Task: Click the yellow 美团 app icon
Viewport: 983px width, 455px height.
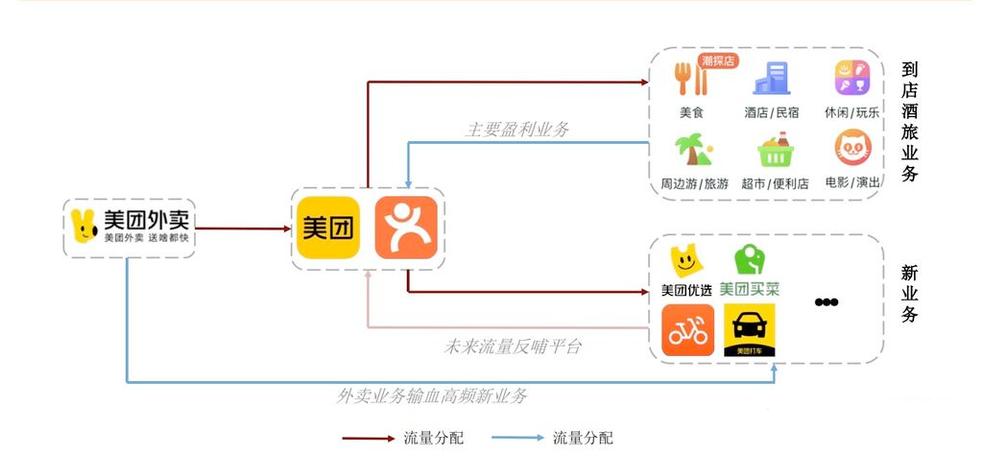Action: pyautogui.click(x=328, y=227)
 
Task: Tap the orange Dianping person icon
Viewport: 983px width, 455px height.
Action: pyautogui.click(x=406, y=227)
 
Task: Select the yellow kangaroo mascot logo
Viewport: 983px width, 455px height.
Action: pyautogui.click(x=84, y=227)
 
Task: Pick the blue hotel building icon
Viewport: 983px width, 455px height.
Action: pyautogui.click(x=772, y=79)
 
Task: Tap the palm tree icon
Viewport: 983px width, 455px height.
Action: pyautogui.click(x=693, y=150)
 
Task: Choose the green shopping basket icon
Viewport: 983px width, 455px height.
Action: pyautogui.click(x=776, y=150)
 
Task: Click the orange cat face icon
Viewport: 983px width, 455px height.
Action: pyautogui.click(x=853, y=148)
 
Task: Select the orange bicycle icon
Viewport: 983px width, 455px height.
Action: pyautogui.click(x=687, y=330)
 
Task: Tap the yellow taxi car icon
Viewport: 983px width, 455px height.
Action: pyautogui.click(x=749, y=330)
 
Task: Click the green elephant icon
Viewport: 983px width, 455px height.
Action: pyautogui.click(x=749, y=259)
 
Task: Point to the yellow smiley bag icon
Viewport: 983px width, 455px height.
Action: pyautogui.click(x=685, y=261)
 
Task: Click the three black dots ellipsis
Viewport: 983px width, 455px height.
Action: pyautogui.click(x=827, y=302)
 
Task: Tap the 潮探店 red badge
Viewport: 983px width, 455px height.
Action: pyautogui.click(x=718, y=60)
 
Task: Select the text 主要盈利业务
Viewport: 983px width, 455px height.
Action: pyautogui.click(x=517, y=130)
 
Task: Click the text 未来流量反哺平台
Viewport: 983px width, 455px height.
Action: pyautogui.click(x=513, y=347)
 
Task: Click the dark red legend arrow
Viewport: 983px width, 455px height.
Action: pyautogui.click(x=369, y=438)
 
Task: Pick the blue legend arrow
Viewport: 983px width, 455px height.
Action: pyautogui.click(x=517, y=438)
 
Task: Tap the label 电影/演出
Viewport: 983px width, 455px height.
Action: pyautogui.click(x=852, y=182)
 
